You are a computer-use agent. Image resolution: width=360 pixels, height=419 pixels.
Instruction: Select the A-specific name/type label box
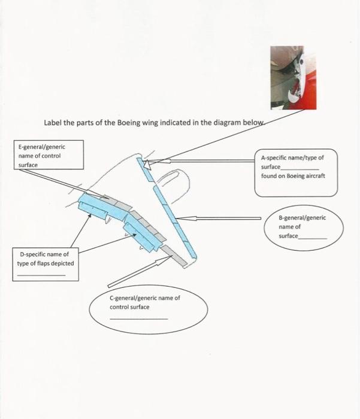(296, 172)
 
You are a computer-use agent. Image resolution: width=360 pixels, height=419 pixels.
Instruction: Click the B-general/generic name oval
(305, 227)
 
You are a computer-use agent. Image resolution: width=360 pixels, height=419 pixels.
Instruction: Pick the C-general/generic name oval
(149, 308)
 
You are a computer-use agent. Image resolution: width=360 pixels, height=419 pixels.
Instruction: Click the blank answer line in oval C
(139, 318)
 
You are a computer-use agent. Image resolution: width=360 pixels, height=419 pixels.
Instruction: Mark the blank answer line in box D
(41, 274)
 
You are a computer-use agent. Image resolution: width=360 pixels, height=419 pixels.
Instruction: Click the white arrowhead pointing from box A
(150, 162)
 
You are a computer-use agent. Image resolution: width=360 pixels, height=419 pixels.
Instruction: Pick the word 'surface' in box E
(28, 165)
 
